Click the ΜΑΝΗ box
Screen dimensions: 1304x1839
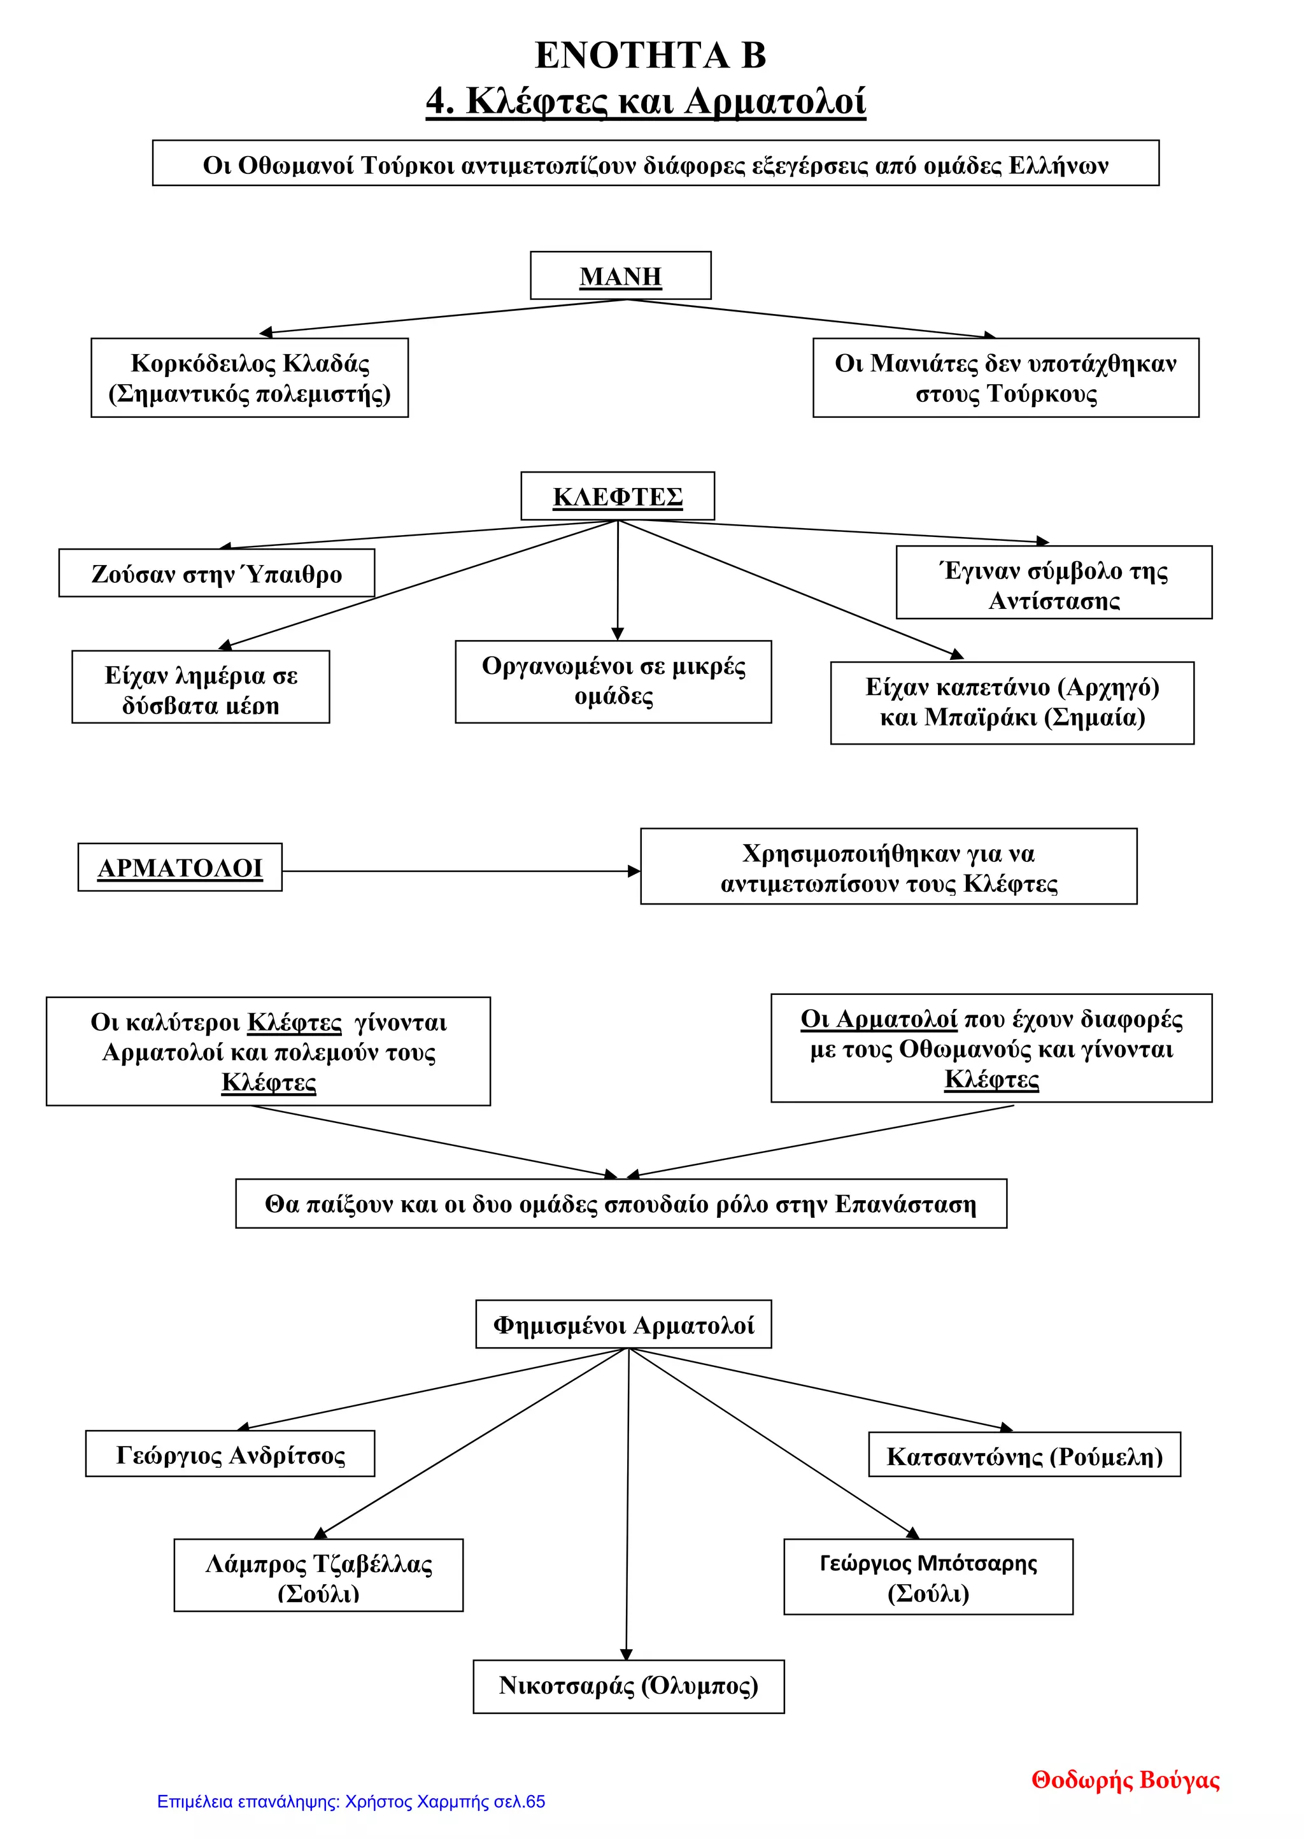[x=620, y=275]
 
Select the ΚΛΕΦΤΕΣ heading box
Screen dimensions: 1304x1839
[x=618, y=496]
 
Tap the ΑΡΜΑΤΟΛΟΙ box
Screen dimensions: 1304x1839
[x=180, y=868]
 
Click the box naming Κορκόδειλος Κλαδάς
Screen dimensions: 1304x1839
[x=250, y=378]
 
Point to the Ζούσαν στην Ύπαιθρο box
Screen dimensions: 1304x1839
[x=216, y=573]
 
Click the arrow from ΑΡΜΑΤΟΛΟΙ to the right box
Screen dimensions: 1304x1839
[x=462, y=871]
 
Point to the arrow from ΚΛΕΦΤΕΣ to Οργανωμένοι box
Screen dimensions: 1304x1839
[x=618, y=580]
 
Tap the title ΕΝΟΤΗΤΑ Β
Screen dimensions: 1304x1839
[x=650, y=55]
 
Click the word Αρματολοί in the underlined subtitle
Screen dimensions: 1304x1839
[x=776, y=102]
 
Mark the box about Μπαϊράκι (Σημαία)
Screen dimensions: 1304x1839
[x=1012, y=703]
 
